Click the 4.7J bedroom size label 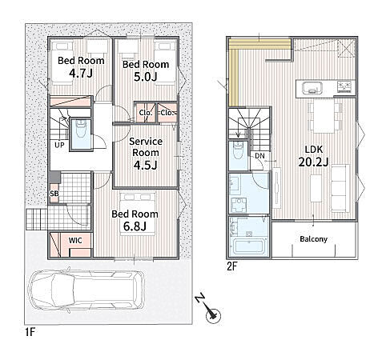[81, 73]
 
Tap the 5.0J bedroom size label [146, 77]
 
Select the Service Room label [146, 147]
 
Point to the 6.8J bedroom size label [135, 226]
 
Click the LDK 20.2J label [313, 155]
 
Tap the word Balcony [313, 238]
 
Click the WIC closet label [75, 241]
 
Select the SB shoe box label [54, 194]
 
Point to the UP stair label [59, 145]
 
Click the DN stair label [259, 156]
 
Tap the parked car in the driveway [86, 290]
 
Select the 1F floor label [30, 332]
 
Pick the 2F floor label [232, 266]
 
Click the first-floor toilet [81, 131]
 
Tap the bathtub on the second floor [249, 246]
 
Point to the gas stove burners [344, 86]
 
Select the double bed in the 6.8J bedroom [138, 214]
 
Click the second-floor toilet [237, 150]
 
